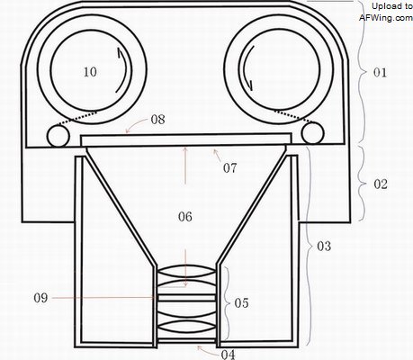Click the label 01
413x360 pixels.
tap(380, 72)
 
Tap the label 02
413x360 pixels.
tap(381, 184)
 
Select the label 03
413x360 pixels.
tap(324, 246)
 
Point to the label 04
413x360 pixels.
tap(229, 355)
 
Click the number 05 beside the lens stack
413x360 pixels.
tap(241, 303)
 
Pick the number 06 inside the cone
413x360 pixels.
tap(185, 217)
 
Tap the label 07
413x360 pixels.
tap(229, 168)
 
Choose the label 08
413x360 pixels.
tap(157, 120)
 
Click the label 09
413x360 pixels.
tap(40, 298)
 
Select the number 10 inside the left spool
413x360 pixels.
tap(90, 72)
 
